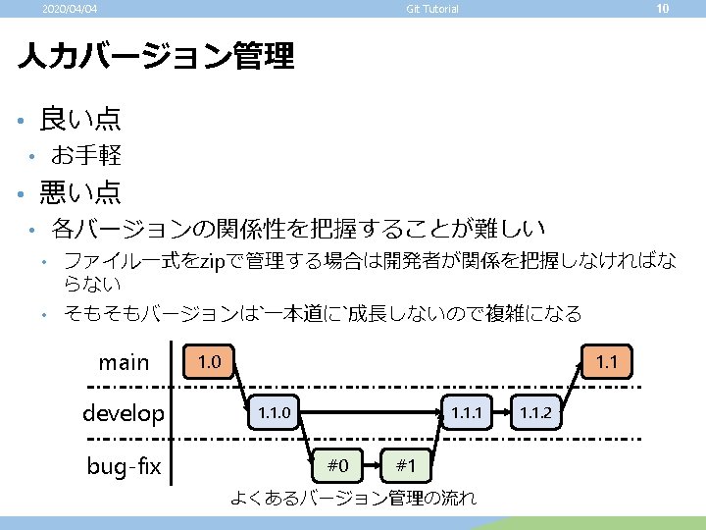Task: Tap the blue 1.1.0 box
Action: tap(273, 412)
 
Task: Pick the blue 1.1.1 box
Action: tap(466, 412)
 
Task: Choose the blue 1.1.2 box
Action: tap(535, 412)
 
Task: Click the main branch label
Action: tap(124, 362)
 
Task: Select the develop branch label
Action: tap(124, 413)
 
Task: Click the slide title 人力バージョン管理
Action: tap(156, 56)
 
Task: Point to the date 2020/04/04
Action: tap(70, 10)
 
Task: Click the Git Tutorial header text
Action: tap(432, 10)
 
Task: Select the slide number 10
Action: tap(662, 9)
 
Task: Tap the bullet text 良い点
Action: tap(80, 120)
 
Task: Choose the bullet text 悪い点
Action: tap(80, 190)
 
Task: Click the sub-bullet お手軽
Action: tap(86, 155)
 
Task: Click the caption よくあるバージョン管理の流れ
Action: tap(353, 498)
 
